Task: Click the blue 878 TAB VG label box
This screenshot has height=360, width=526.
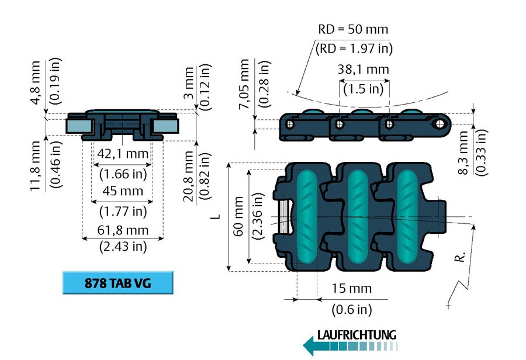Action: (118, 283)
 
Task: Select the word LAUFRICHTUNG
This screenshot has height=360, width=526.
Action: (357, 335)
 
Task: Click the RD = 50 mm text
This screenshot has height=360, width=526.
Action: (353, 29)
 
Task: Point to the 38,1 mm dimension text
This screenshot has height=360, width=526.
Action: (363, 69)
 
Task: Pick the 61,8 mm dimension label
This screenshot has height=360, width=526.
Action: (122, 230)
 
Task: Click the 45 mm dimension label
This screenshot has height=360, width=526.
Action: (122, 192)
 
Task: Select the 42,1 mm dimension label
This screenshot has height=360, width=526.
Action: (122, 154)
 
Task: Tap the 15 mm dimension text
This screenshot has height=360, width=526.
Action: (351, 289)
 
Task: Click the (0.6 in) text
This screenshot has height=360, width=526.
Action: (351, 309)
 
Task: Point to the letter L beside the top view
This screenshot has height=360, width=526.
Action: (216, 216)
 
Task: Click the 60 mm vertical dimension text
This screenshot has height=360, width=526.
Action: (238, 216)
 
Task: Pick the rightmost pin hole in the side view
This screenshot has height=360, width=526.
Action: (439, 124)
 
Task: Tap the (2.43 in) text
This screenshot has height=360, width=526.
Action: (122, 246)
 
